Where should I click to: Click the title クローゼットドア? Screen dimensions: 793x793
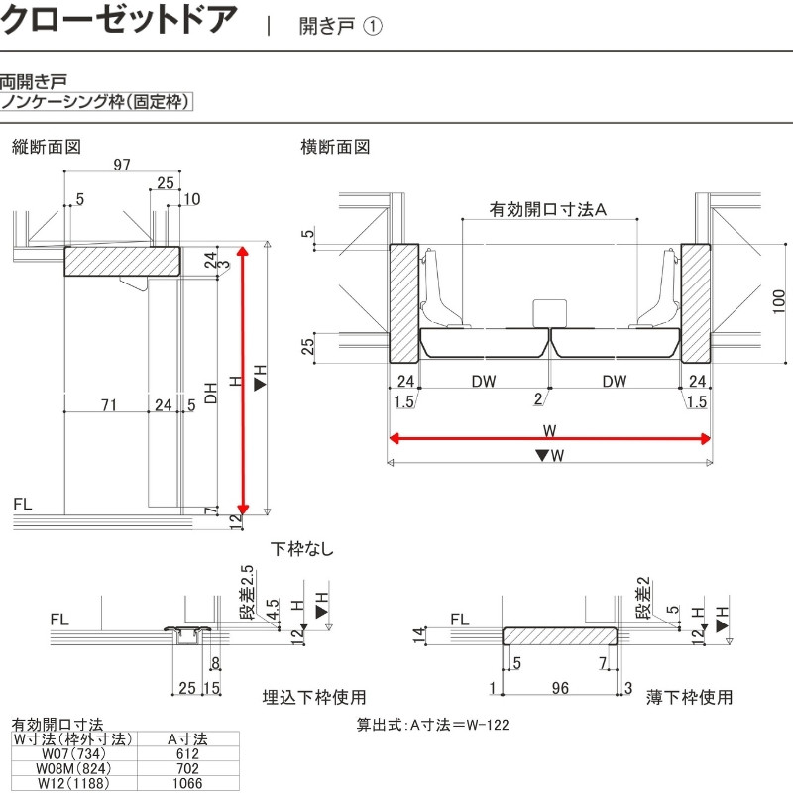click(x=120, y=20)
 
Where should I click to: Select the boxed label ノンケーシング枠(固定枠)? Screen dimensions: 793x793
click(x=96, y=101)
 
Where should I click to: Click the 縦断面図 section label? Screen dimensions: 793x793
click(x=46, y=147)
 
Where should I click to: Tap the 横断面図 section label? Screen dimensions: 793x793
click(x=335, y=147)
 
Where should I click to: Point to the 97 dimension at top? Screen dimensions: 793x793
click(x=122, y=165)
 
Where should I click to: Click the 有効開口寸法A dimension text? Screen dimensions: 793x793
click(x=547, y=210)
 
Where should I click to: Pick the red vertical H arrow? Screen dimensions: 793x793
click(x=243, y=377)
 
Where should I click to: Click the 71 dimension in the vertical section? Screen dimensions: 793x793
click(x=109, y=403)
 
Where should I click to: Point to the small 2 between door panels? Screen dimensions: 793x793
click(x=538, y=399)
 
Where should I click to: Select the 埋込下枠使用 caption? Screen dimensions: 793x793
click(x=314, y=697)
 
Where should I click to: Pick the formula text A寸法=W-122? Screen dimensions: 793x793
click(x=433, y=725)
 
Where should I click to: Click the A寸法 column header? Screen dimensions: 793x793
click(x=185, y=738)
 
